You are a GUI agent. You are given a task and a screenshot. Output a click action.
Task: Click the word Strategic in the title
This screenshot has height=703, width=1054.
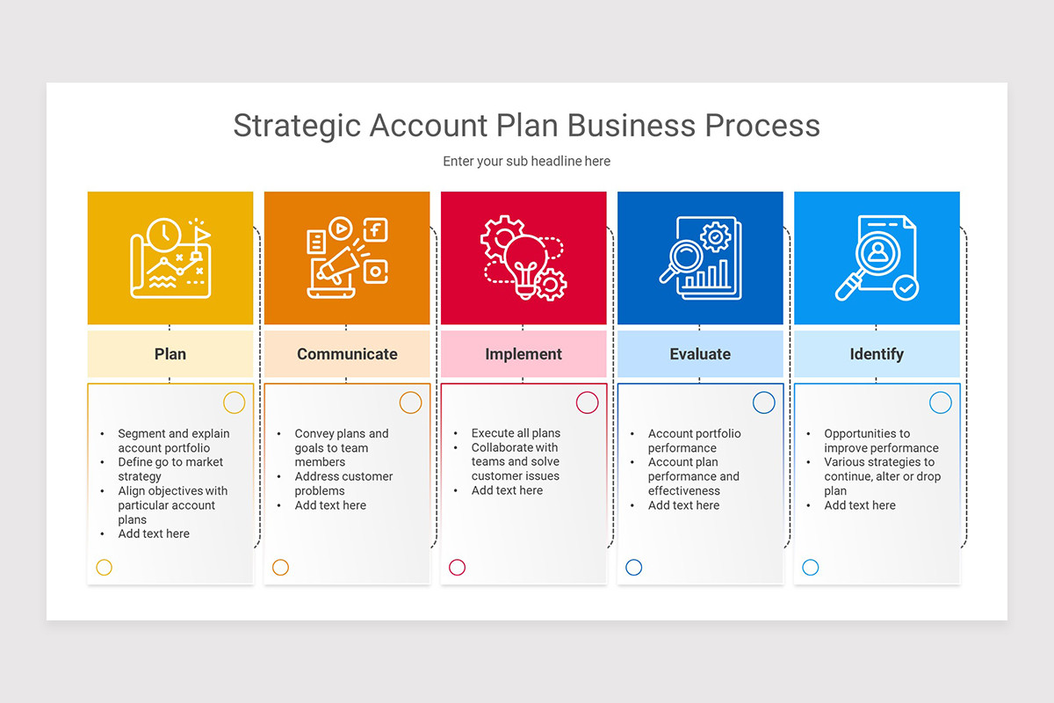point(297,127)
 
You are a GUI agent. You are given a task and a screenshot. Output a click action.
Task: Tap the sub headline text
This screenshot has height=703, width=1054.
point(526,161)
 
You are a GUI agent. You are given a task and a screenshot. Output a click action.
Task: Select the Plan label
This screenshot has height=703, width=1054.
point(170,353)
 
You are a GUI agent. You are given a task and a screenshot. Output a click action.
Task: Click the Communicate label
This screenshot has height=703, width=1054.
point(347,353)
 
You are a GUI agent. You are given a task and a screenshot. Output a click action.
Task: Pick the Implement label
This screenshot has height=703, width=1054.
point(523,353)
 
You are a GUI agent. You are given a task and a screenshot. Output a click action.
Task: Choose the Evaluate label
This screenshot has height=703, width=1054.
point(700,353)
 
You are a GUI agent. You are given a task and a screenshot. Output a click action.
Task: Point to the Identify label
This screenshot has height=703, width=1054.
point(877,354)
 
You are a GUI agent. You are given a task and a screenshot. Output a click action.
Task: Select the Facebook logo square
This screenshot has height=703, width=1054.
point(376,230)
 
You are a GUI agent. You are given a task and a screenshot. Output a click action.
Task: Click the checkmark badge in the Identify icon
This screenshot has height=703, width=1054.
point(906,287)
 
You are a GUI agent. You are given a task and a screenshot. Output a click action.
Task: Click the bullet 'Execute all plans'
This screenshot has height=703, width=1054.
point(516,432)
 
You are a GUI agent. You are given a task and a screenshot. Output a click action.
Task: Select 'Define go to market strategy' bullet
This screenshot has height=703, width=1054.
point(170,469)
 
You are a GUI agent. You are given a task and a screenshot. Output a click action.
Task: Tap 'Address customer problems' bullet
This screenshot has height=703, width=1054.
point(343,483)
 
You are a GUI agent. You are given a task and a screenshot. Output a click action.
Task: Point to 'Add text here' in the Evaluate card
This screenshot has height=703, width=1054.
point(683,505)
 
